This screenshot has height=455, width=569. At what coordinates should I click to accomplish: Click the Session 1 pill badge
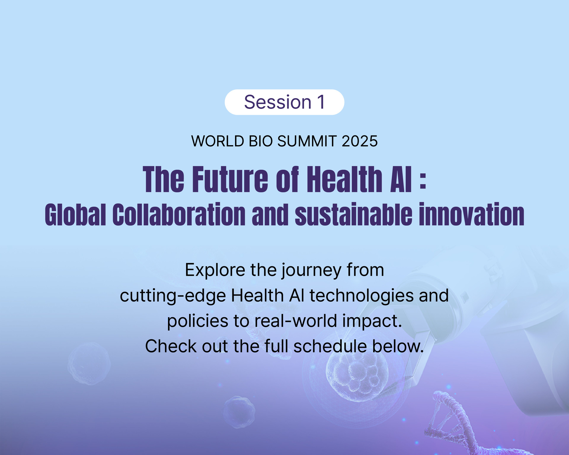[x=284, y=102]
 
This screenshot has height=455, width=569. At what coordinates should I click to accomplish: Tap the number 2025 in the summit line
[x=359, y=141]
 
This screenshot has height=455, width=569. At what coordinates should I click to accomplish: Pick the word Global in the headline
[x=75, y=214]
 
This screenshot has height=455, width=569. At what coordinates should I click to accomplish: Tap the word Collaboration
[x=179, y=214]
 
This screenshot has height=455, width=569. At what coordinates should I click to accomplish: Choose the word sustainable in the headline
[x=353, y=214]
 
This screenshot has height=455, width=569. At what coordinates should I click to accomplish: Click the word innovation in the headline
[x=471, y=214]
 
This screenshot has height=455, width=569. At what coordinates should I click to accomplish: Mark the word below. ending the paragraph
[x=398, y=346]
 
